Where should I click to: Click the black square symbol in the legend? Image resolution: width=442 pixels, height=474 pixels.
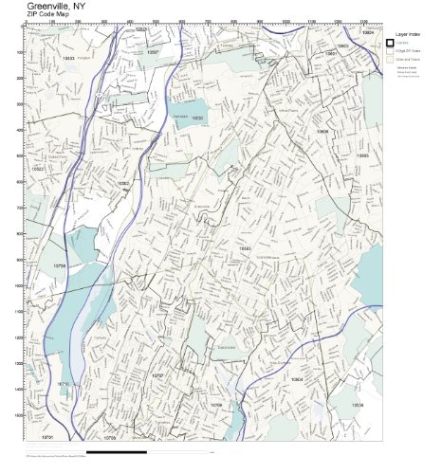(x=390, y=43)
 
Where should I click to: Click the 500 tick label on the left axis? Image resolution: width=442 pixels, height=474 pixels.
(x=20, y=155)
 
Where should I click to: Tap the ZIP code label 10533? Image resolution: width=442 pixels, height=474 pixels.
(x=68, y=59)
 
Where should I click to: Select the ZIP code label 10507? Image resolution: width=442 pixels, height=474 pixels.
(x=154, y=52)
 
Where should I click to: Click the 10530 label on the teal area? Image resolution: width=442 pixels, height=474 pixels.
(x=197, y=118)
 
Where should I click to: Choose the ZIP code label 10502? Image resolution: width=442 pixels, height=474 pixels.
(x=123, y=184)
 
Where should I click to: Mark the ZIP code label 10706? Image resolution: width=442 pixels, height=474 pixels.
(x=60, y=266)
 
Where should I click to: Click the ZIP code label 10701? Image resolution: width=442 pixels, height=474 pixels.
(x=48, y=437)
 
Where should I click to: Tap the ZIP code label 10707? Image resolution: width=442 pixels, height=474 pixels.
(x=157, y=375)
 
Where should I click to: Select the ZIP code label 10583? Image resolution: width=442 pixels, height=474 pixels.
(x=245, y=247)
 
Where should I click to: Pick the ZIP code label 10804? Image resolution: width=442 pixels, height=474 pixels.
(x=297, y=379)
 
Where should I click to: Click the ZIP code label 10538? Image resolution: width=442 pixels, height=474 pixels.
(x=358, y=405)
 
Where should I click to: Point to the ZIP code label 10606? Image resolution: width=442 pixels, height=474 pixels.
(x=322, y=132)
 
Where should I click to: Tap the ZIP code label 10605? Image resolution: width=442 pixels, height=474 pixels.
(x=362, y=155)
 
